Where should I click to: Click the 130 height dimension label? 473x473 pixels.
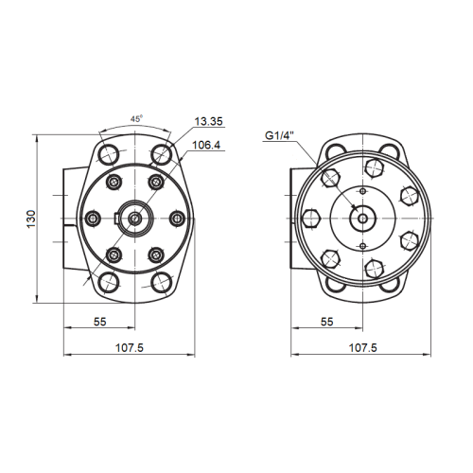coord(31,219)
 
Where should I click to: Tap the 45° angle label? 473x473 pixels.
coord(137,118)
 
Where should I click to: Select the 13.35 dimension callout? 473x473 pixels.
coord(208,121)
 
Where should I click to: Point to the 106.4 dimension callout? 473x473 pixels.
coord(206,145)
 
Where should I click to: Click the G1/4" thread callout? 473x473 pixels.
coord(279,135)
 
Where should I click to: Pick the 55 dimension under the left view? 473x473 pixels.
coord(100,322)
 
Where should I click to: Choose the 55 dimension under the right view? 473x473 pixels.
coord(327,322)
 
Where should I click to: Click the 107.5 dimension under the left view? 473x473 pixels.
coord(130,348)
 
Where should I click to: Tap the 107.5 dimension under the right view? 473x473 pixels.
coord(362,348)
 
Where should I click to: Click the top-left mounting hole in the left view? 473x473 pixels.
coord(109,154)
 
